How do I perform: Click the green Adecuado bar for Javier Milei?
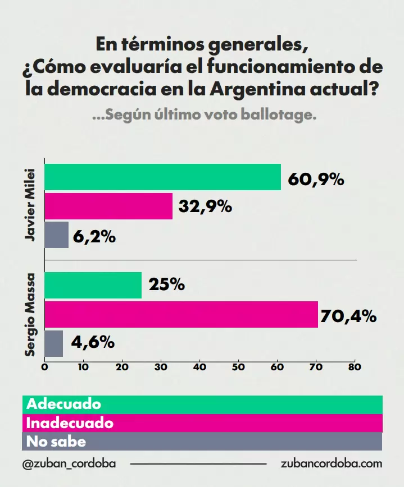pos(162,177)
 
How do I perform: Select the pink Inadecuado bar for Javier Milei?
pos(108,206)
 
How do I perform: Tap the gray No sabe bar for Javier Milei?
pos(56,235)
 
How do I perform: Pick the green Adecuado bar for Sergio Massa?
pos(93,285)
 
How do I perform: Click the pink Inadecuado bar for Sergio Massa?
pos(181,314)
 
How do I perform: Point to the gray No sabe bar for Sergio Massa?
pos(53,343)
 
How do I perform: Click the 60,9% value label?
pos(315,180)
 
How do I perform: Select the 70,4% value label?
pos(348,317)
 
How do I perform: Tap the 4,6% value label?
pos(93,342)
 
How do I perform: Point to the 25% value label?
pos(167,285)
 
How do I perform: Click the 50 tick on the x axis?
pos(239,368)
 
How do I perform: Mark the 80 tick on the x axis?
pos(354,368)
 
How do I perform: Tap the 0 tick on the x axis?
pos(44,368)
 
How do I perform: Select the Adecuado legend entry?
pos(64,404)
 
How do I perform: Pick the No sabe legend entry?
pos(56,442)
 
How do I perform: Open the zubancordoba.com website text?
pos(332,464)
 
